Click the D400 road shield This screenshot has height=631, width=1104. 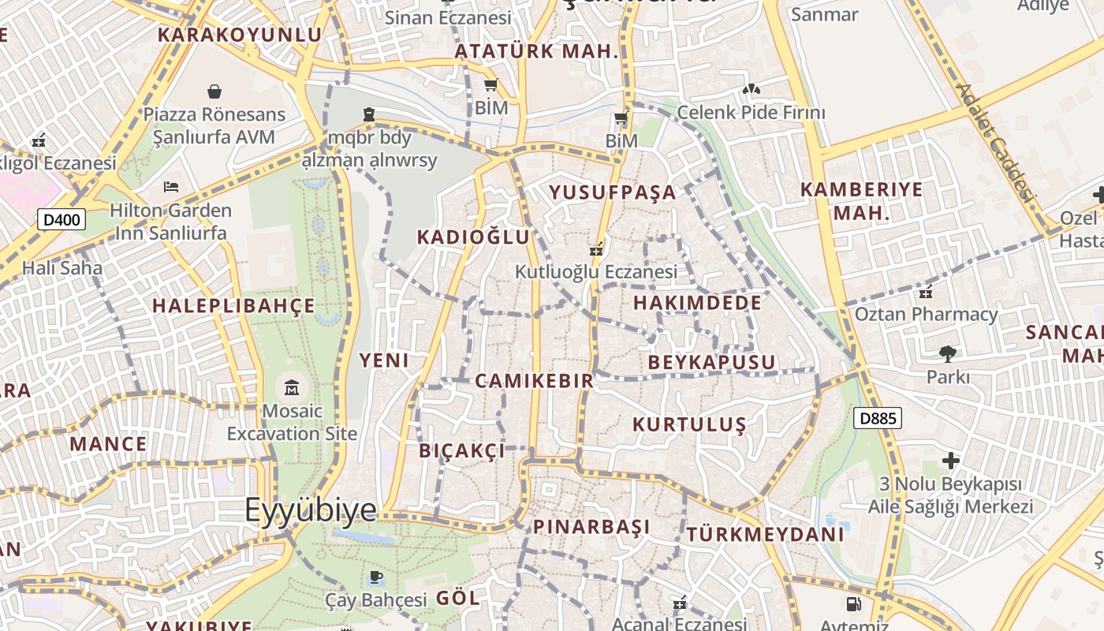point(62,219)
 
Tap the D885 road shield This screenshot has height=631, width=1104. point(877,418)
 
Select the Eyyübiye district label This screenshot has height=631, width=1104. point(311,510)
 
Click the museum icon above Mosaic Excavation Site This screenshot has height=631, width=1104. point(292,387)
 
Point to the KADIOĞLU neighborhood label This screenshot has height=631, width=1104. point(473,237)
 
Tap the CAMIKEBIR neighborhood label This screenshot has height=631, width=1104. point(534,381)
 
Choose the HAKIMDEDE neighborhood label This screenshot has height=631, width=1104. point(697,303)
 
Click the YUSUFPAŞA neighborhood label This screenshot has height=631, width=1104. point(613,192)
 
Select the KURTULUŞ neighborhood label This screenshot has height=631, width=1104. point(689,424)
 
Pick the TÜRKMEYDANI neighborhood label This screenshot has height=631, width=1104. point(765,534)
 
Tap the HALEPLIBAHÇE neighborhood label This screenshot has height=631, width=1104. point(233,306)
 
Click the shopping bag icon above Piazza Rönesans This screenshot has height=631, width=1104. point(214,91)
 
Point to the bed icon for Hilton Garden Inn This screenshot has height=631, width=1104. point(171,187)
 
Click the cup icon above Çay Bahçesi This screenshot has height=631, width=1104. point(376,578)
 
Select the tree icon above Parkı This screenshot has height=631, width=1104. point(947,353)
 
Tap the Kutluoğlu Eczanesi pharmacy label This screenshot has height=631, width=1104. point(596,272)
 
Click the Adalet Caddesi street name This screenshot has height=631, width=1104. point(995,142)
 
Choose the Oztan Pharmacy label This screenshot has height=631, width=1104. point(927,315)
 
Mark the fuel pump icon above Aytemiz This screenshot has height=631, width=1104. point(853,604)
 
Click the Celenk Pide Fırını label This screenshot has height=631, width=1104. point(751,113)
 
